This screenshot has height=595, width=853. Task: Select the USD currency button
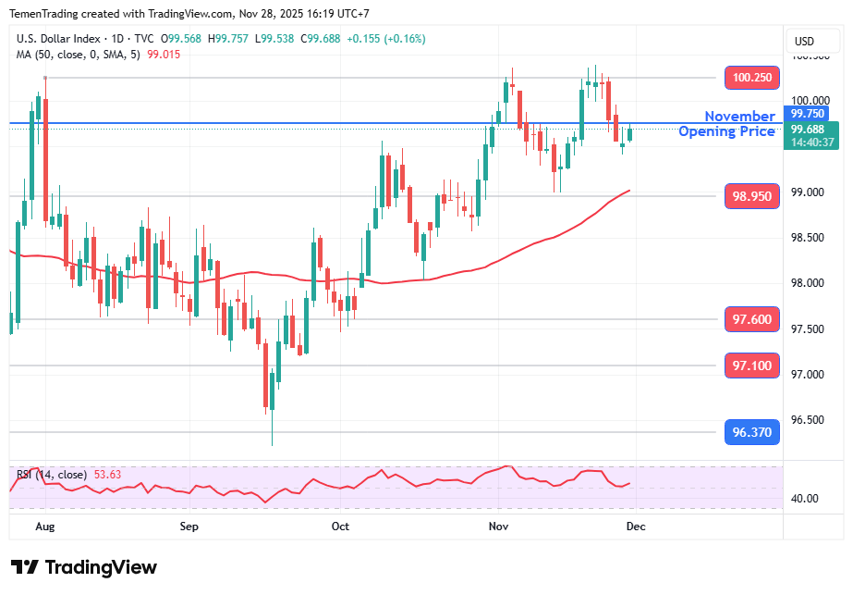click(804, 41)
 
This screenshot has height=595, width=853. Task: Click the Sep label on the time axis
click(189, 527)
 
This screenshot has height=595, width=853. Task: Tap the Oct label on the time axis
click(340, 527)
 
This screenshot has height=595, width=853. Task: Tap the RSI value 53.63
click(107, 475)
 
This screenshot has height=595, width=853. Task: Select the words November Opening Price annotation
click(728, 124)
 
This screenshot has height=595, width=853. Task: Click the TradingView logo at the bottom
click(84, 567)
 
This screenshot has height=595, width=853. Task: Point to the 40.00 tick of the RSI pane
click(805, 499)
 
